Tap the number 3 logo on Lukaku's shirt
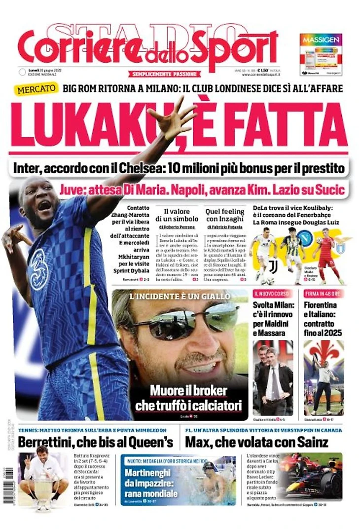[x=38, y=269]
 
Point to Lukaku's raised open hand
[x=172, y=120]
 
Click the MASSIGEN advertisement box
[x=321, y=54]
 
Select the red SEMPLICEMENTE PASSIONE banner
[x=165, y=74]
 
